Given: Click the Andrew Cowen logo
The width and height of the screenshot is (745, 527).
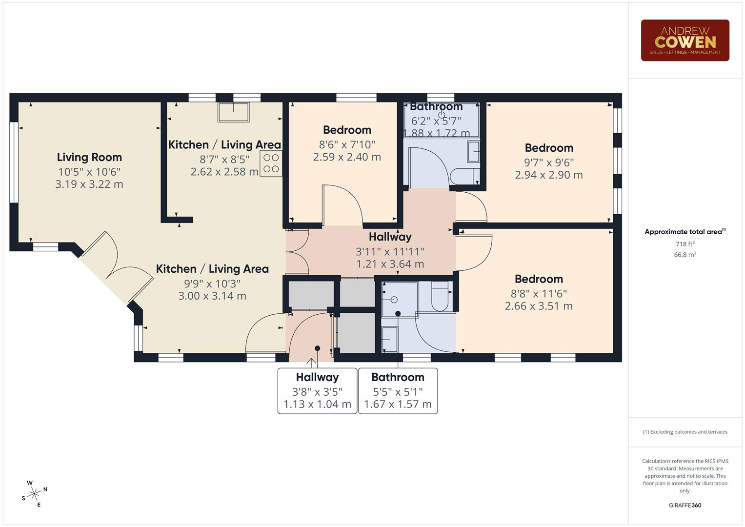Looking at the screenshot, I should (x=685, y=41).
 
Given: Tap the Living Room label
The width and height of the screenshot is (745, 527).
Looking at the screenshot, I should (x=89, y=157).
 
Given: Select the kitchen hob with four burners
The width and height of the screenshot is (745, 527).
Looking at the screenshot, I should (x=271, y=163).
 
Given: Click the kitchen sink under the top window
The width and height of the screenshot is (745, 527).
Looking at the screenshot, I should (x=233, y=112).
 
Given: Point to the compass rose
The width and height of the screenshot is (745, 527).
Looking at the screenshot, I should (x=34, y=494).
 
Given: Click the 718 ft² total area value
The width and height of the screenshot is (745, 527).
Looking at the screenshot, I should (x=685, y=244).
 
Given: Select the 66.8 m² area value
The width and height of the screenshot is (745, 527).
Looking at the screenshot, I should (x=685, y=255).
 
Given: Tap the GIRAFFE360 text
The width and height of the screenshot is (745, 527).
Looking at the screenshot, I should (x=685, y=506).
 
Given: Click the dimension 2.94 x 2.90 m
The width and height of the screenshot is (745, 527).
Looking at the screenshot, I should (x=549, y=175).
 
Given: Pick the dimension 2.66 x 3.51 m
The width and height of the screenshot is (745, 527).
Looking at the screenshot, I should (x=539, y=306).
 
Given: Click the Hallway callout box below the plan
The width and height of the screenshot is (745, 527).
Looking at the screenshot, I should (x=317, y=391).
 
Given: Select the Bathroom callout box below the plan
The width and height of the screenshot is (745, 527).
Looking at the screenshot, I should (x=398, y=391).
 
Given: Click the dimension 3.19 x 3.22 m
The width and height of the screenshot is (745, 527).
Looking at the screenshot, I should (x=89, y=184).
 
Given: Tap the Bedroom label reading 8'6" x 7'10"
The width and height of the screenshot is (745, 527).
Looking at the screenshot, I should (x=347, y=130).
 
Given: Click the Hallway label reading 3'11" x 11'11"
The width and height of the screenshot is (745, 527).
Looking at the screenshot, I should (x=390, y=237).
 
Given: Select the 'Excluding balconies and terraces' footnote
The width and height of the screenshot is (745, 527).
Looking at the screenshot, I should (x=685, y=432).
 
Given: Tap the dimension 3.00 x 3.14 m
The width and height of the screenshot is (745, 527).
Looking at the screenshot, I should (x=212, y=296).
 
